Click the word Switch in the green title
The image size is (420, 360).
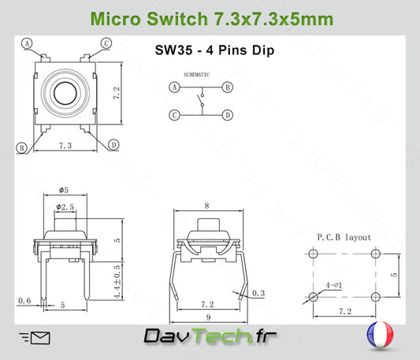point(177,19)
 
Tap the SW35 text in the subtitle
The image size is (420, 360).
point(173,50)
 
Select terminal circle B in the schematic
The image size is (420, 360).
point(228,87)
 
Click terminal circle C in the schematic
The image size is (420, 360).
point(174,115)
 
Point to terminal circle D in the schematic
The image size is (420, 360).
point(228,115)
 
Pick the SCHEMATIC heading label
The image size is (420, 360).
point(197,75)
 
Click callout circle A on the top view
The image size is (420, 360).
point(27,43)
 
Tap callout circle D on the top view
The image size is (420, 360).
point(113,145)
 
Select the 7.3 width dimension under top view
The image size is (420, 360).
point(65,146)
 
